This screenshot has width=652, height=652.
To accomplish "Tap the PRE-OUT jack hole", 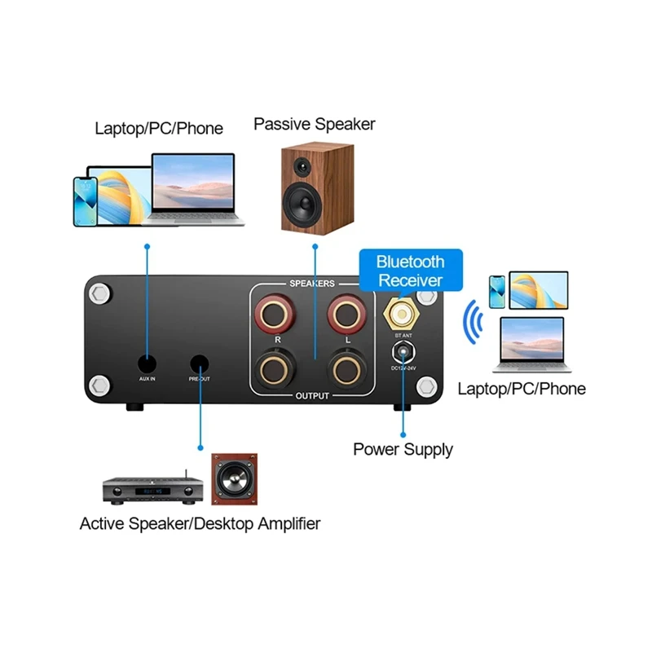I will coord(200,363).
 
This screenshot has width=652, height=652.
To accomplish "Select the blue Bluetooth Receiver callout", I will coord(410,271).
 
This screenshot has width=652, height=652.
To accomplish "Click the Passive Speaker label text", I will coord(314,124).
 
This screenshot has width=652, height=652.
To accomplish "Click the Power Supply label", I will coord(403,449).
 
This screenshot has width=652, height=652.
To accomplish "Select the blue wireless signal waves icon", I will coord(470,323).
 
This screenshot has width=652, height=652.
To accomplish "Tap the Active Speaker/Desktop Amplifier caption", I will coord(200,523).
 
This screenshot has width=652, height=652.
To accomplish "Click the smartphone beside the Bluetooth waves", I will coord(496,288).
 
